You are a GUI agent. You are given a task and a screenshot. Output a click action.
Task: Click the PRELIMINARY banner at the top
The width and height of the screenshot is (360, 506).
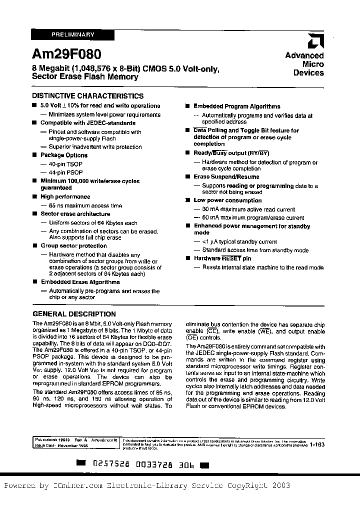(73, 34)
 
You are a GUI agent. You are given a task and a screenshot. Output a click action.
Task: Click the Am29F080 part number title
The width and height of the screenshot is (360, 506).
(66, 53)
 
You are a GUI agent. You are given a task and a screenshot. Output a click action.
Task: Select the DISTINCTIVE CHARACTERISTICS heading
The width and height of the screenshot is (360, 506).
(88, 96)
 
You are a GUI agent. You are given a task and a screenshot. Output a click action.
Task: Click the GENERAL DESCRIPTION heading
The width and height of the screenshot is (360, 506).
(74, 314)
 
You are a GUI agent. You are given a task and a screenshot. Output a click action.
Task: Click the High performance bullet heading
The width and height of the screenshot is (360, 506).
(65, 197)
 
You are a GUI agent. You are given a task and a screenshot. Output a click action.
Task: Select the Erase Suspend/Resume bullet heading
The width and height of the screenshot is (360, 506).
(226, 177)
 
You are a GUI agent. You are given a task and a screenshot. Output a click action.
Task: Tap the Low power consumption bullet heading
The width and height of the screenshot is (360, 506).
(227, 200)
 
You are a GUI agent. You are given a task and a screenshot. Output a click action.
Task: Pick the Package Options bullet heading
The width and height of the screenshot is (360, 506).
(64, 155)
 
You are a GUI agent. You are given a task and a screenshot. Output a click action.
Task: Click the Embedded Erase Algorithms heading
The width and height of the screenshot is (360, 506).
(80, 282)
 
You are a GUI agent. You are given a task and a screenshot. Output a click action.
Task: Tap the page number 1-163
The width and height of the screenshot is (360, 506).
(317, 444)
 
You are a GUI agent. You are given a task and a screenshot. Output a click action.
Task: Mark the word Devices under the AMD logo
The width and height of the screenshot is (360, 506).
(308, 73)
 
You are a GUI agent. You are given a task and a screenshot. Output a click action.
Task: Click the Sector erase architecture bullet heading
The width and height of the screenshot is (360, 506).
(75, 214)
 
